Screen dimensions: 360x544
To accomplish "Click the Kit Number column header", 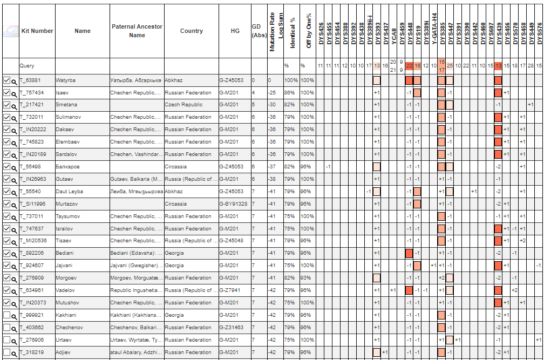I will tap(37, 31).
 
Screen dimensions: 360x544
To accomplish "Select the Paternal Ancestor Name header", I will tap(137, 31).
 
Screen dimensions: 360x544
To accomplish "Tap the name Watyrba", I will tap(66, 80).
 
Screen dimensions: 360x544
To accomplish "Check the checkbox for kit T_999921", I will tap(7, 315).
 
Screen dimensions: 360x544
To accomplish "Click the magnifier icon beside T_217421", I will tap(15, 105).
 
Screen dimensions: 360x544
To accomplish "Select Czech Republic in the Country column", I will tap(183, 105).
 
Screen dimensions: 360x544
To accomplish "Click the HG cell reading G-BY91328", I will tap(234, 204).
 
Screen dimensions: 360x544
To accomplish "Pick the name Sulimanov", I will tap(69, 117).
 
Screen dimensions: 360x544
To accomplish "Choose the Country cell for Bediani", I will tap(174, 253).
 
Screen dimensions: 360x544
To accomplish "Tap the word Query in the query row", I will tap(27, 66).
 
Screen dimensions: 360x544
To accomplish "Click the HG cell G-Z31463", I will tap(232, 328).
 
